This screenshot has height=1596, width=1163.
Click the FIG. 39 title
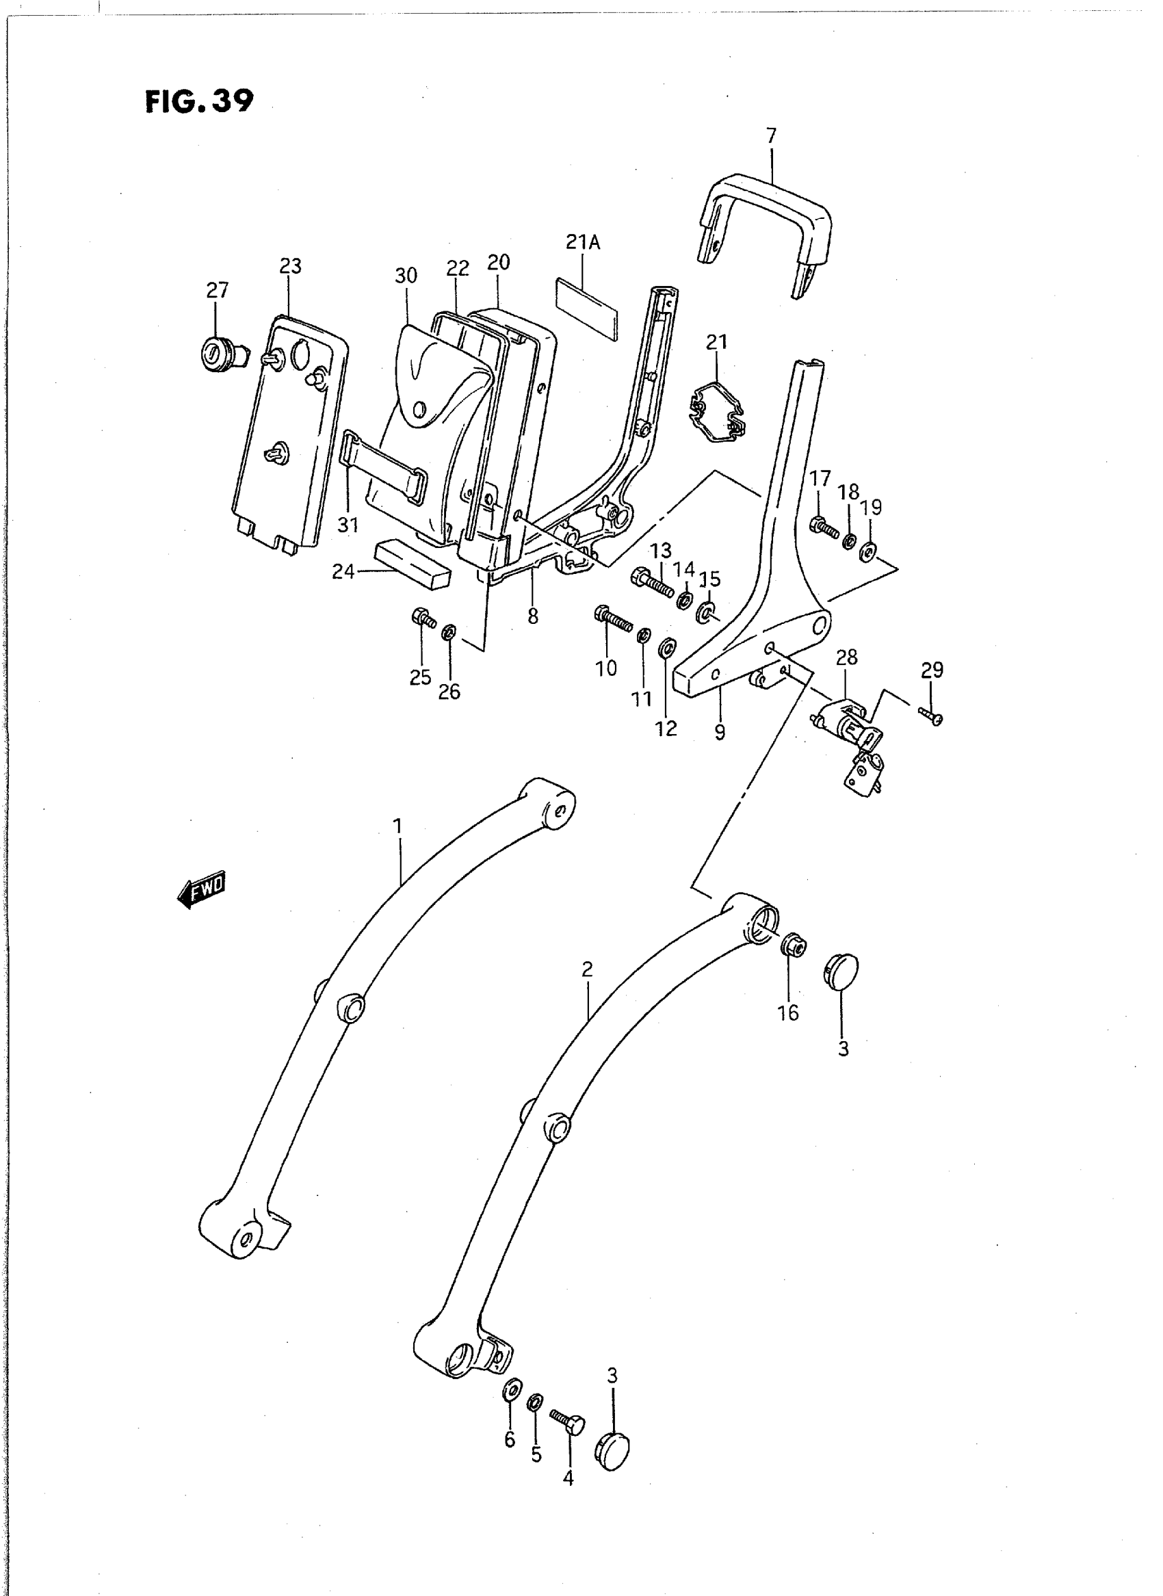[198, 101]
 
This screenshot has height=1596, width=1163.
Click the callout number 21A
[583, 242]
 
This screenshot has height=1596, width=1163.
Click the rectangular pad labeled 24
[413, 563]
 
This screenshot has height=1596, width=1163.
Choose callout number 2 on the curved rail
[587, 969]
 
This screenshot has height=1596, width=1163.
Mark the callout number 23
[290, 265]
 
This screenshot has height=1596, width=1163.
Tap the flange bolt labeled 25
[422, 618]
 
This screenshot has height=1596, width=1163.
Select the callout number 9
[720, 732]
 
